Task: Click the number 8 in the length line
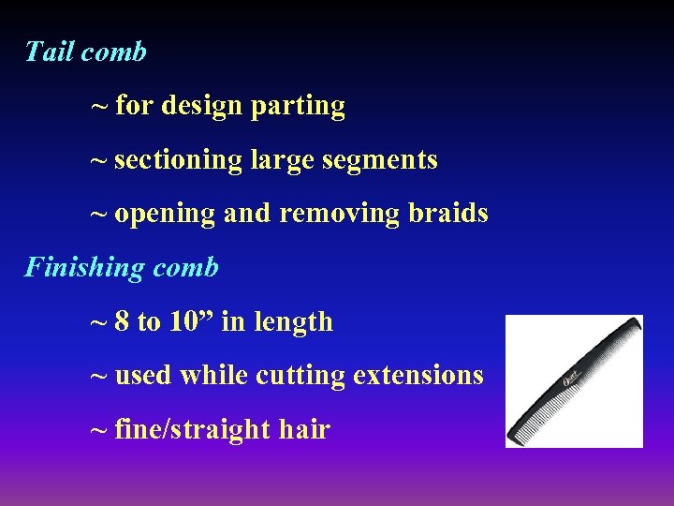tap(123, 322)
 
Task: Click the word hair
tap(304, 430)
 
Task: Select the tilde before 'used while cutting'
tap(98, 376)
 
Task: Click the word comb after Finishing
tap(185, 268)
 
